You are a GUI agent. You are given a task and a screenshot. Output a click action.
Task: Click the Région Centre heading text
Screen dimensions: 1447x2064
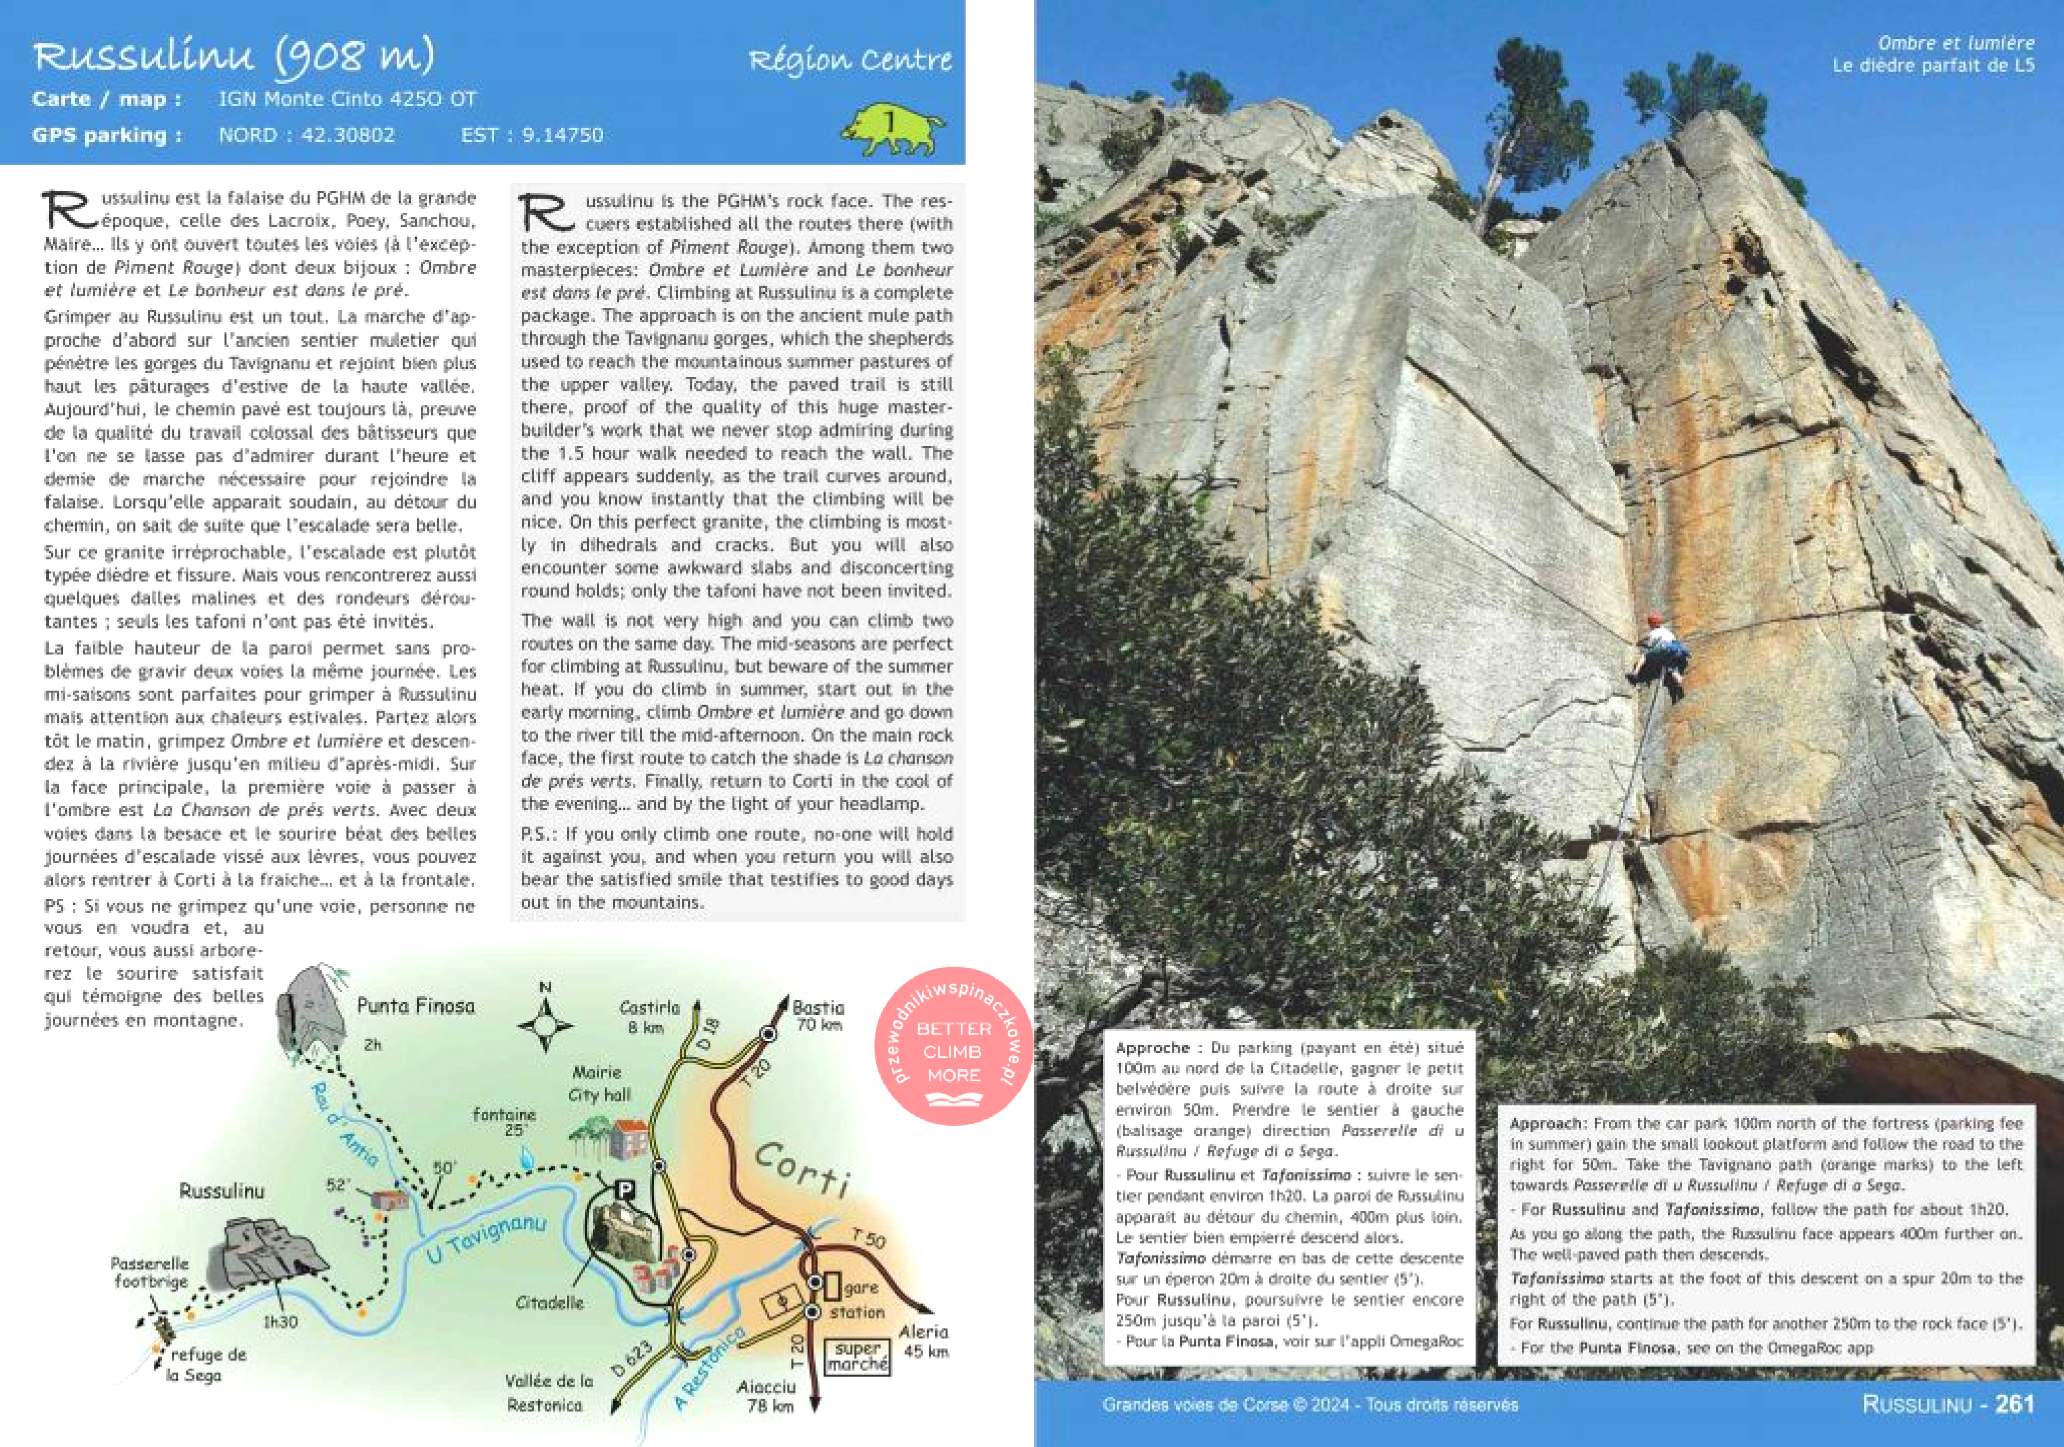850,60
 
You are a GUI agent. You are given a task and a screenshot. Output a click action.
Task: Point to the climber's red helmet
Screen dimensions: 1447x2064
1654,620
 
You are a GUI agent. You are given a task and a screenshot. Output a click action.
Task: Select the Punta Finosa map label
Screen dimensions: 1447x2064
415,1006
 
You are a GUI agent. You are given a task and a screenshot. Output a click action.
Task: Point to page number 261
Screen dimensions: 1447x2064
2014,1405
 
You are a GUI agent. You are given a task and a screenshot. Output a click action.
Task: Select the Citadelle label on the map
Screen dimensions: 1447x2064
550,1302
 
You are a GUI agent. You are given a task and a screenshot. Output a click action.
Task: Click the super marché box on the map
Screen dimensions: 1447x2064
856,1356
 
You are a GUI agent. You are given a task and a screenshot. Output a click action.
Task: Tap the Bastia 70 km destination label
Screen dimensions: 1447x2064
817,1016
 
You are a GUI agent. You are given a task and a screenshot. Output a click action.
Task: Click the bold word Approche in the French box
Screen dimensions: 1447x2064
1153,1048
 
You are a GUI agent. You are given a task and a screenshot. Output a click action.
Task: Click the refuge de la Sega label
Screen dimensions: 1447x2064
208,1365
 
